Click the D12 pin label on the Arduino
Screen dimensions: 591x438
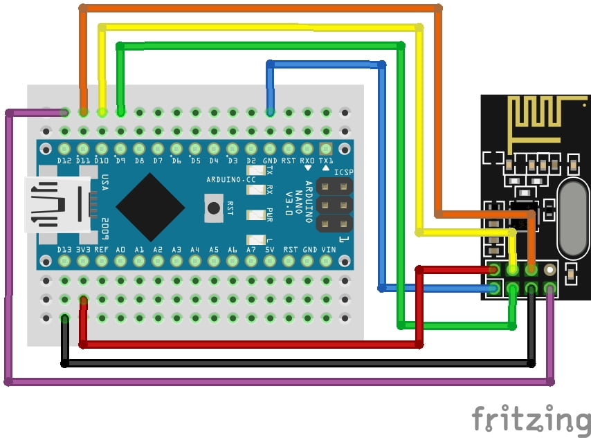64,161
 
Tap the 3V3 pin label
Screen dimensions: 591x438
83,250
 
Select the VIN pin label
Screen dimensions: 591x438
328,250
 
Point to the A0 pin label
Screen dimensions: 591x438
120,250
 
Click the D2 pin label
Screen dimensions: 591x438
251,161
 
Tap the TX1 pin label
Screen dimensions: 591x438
326,161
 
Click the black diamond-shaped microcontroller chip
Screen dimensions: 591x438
150,207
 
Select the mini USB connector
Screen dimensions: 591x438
57,204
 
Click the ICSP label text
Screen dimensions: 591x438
344,172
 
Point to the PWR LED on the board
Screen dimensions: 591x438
255,215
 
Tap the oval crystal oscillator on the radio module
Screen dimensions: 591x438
573,218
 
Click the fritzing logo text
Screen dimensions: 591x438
531,419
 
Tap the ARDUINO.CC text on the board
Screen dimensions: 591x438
230,179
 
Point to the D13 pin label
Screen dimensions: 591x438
64,250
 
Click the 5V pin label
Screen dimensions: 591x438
269,250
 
